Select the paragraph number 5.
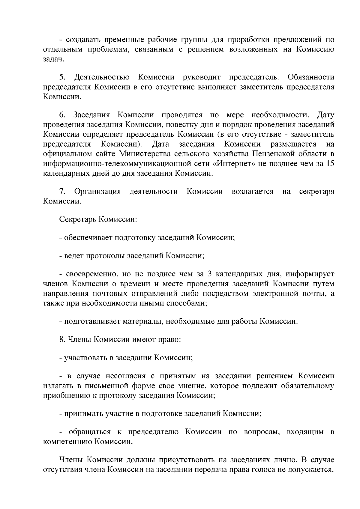coord(62,77)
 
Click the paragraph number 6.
coord(62,115)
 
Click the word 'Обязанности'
coord(310,77)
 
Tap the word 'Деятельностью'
coord(102,77)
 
